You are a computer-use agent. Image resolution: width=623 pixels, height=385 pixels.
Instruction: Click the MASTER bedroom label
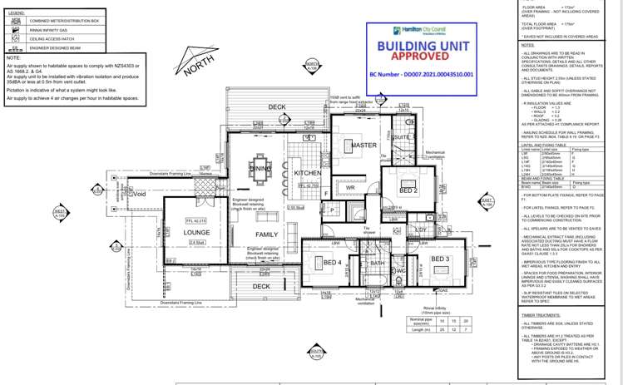pyautogui.click(x=363, y=146)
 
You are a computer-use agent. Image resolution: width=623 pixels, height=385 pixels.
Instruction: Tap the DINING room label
pyautogui.click(x=260, y=169)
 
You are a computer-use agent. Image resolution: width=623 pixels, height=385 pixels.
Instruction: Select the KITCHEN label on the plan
pyautogui.click(x=307, y=173)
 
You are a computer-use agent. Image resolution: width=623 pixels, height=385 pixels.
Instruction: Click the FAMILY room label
pyautogui.click(x=267, y=235)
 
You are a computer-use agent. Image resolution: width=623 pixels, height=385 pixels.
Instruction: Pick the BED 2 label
pyautogui.click(x=408, y=191)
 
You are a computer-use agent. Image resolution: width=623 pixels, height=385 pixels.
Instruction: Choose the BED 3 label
pyautogui.click(x=441, y=259)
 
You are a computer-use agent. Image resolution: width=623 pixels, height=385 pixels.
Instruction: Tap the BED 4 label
pyautogui.click(x=333, y=264)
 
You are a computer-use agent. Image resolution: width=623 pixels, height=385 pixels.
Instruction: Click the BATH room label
pyautogui.click(x=378, y=264)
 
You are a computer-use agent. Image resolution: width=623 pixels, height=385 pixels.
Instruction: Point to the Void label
pyautogui.click(x=139, y=195)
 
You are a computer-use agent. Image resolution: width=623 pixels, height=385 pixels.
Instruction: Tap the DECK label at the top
pyautogui.click(x=277, y=107)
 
